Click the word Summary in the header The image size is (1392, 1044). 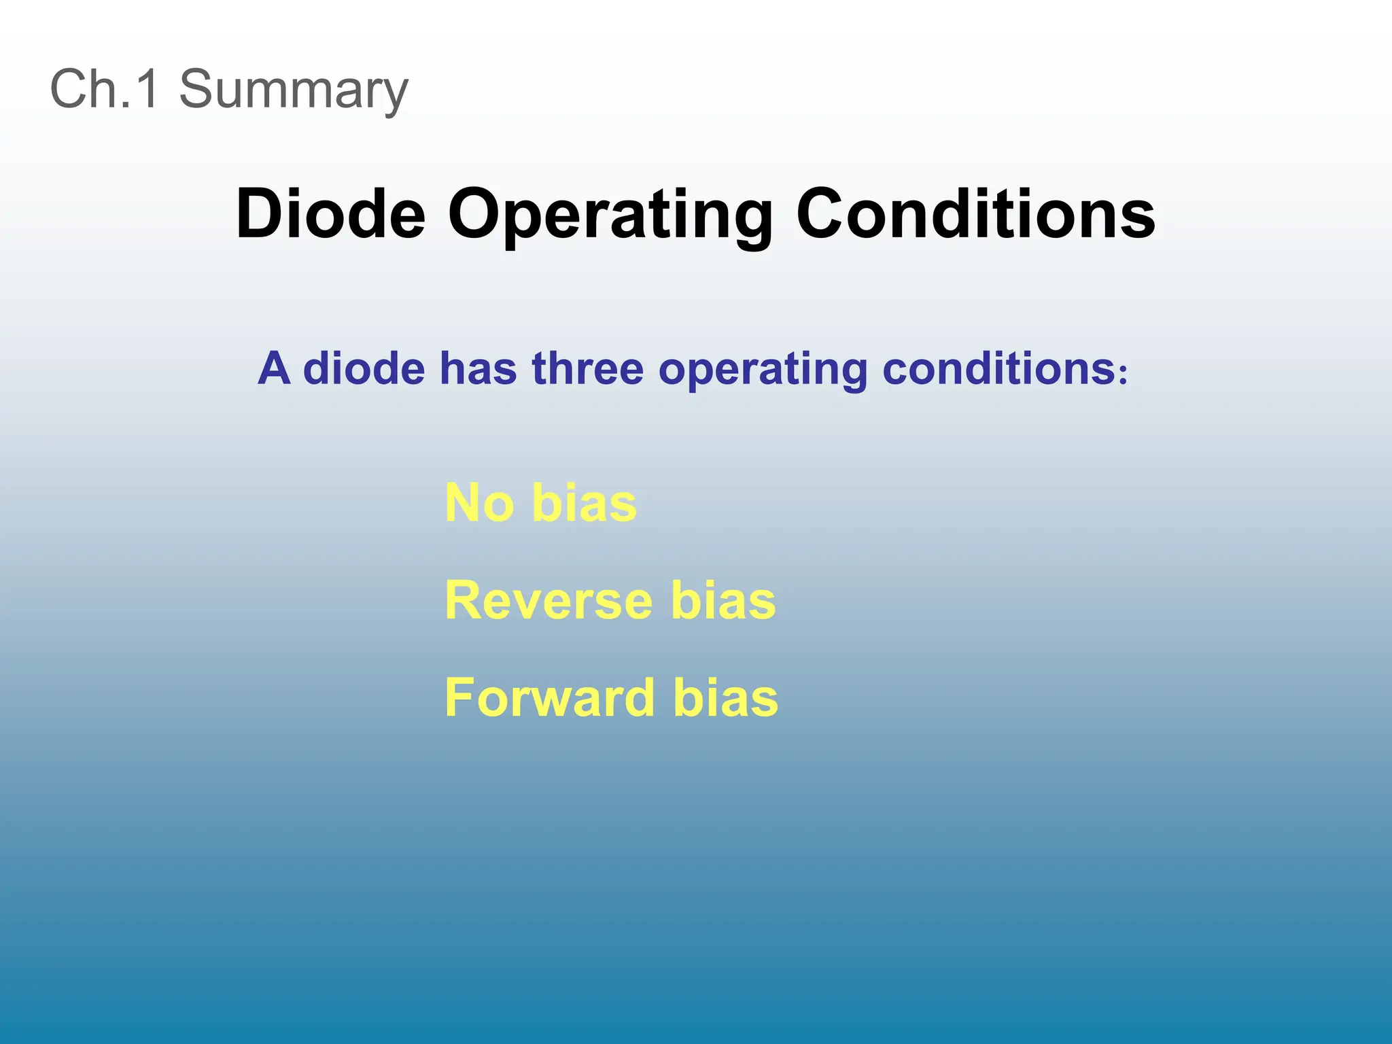point(293,89)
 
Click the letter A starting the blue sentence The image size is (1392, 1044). point(274,368)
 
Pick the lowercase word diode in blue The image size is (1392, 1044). point(364,368)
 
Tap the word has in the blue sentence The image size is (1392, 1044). point(478,368)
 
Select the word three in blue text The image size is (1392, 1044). point(587,368)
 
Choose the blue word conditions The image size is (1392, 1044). point(998,368)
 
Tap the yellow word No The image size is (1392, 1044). point(479,504)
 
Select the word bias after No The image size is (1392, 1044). point(585,504)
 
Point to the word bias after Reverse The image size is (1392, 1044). point(723,601)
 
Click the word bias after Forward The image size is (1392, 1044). point(726,698)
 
